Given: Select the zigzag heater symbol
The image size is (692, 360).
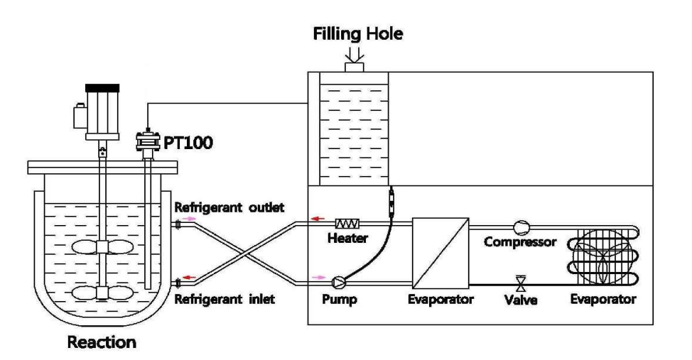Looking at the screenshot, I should click(352, 223).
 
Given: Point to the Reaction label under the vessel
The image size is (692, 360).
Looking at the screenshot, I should click(103, 344).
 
